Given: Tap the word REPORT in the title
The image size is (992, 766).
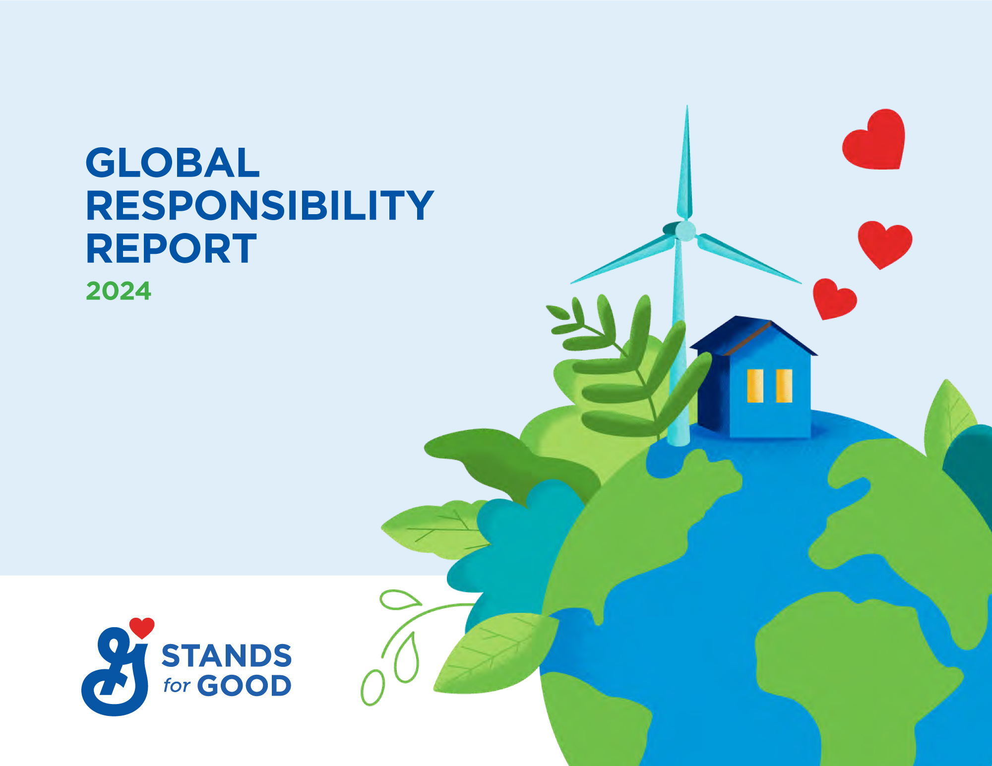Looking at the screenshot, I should tap(171, 248).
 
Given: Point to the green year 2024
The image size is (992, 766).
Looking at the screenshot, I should tap(119, 291).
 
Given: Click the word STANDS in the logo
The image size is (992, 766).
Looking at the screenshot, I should tap(227, 656).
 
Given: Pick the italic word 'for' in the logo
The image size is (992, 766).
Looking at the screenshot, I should tap(177, 685).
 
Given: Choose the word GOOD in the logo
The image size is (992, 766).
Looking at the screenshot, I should tap(244, 686).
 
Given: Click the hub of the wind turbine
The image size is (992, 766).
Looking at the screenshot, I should tap(685, 231).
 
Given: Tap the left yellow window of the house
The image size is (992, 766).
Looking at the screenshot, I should tap(755, 385).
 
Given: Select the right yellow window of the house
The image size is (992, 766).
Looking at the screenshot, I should tap(784, 385).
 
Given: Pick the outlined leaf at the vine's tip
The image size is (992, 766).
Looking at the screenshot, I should tap(397, 599).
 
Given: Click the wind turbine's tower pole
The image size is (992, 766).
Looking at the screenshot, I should tap(678, 347).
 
